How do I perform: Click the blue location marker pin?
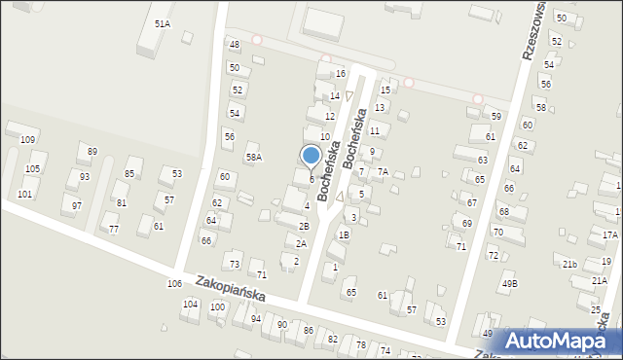[311, 157]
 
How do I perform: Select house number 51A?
[163, 22]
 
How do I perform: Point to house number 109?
[27, 140]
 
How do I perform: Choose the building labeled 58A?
[253, 157]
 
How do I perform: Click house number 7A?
[384, 172]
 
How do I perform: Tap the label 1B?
[343, 234]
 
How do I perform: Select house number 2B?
[304, 226]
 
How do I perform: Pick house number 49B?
[510, 284]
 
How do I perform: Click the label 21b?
[570, 264]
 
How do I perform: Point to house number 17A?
[609, 235]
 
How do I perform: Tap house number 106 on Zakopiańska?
[174, 283]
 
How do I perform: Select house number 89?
[92, 151]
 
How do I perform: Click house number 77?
[114, 229]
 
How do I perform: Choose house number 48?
[234, 45]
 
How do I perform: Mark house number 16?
[341, 74]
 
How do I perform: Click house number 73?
[234, 265]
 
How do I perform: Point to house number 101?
[24, 194]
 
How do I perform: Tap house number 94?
[256, 318]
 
